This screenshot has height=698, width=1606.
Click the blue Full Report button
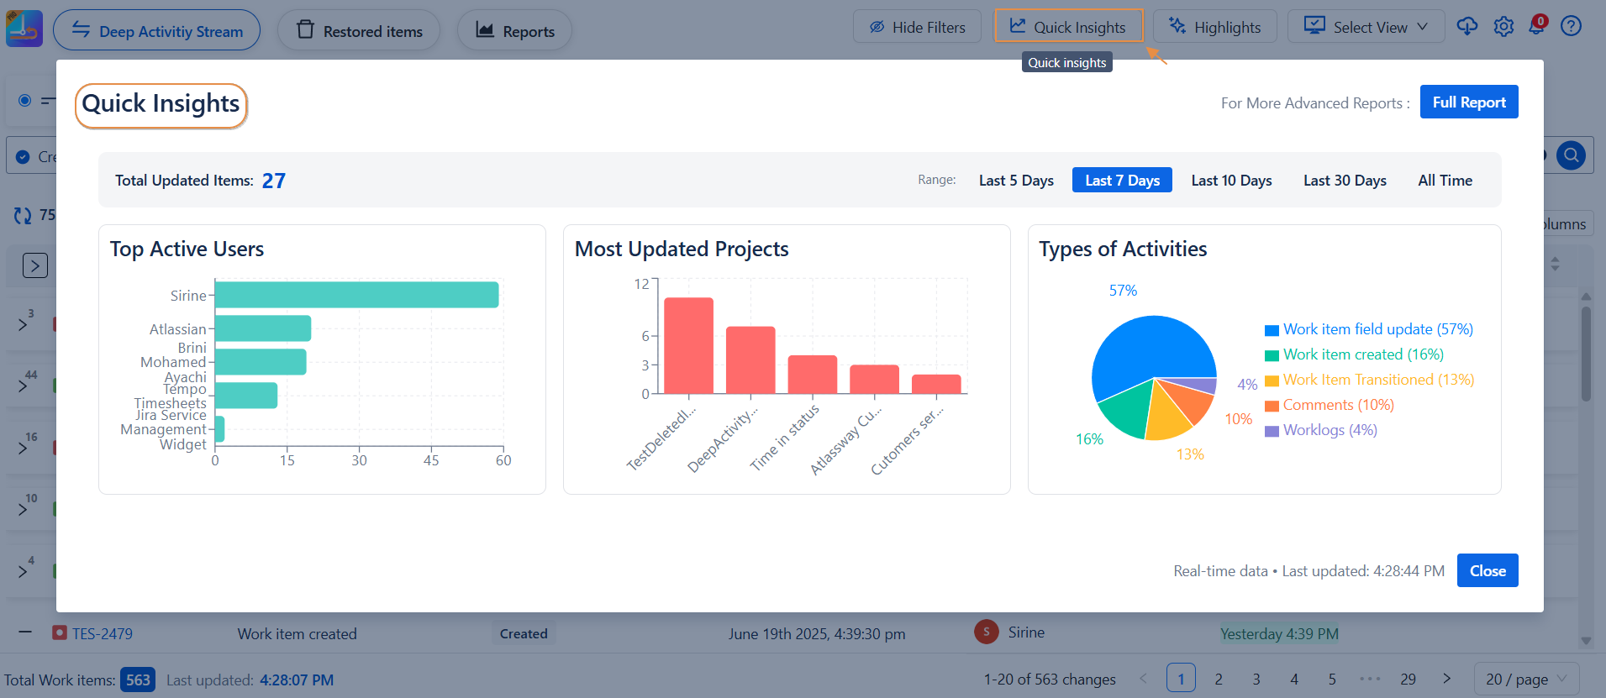[1468, 102]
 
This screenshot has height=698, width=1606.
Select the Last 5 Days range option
[1015, 181]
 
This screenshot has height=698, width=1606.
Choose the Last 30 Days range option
[1344, 181]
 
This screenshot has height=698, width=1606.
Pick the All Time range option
[1444, 181]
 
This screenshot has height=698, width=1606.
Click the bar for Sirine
[356, 295]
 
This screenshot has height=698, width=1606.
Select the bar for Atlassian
[263, 328]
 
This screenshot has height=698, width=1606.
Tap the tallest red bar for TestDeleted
[688, 344]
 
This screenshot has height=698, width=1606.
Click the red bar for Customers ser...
[935, 384]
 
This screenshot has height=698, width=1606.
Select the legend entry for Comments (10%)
[1338, 405]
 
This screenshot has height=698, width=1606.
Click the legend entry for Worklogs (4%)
[1330, 430]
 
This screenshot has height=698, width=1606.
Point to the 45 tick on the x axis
[431, 460]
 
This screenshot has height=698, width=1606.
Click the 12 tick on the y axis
[642, 284]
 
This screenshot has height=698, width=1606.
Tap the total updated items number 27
[274, 181]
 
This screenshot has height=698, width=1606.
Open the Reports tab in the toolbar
[514, 31]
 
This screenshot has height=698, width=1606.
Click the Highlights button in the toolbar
[1214, 27]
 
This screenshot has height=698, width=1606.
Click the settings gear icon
[1503, 27]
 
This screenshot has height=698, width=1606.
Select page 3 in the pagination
[1256, 679]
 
